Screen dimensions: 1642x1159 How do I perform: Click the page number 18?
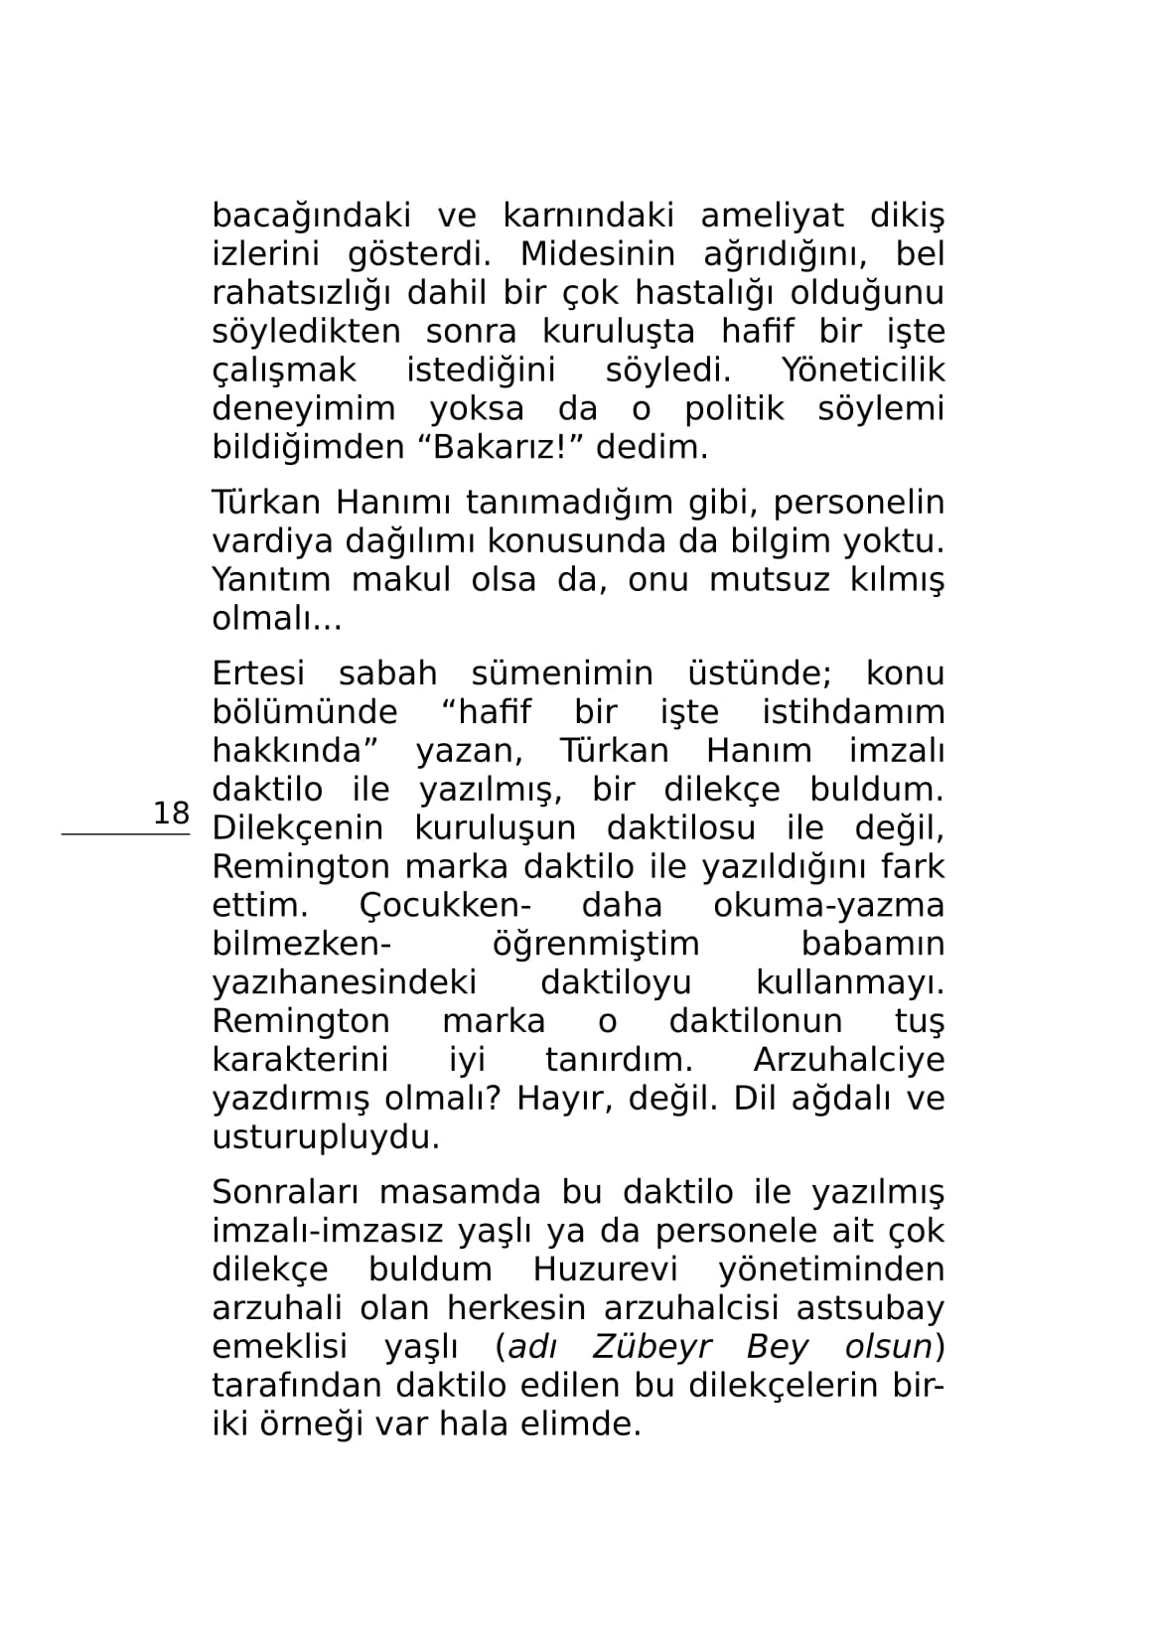tap(171, 813)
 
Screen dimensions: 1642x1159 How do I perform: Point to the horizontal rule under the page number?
tap(126, 835)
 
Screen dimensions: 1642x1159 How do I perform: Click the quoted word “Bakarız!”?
tap(504, 447)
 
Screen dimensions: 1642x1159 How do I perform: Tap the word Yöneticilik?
tap(863, 371)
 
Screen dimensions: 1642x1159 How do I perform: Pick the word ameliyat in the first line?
tap(773, 216)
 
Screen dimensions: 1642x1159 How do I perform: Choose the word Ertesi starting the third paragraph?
tap(258, 673)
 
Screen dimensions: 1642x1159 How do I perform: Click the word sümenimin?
tap(562, 673)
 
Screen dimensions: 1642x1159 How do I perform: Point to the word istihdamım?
tap(853, 712)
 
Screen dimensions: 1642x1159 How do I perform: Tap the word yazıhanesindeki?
tap(345, 983)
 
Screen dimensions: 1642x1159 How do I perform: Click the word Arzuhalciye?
tap(849, 1060)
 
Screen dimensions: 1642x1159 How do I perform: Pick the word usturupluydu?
tap(326, 1137)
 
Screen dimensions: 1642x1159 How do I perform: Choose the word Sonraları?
tap(279, 1193)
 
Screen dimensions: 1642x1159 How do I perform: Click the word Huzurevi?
tap(605, 1270)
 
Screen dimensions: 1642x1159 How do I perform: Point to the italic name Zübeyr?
tap(652, 1348)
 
